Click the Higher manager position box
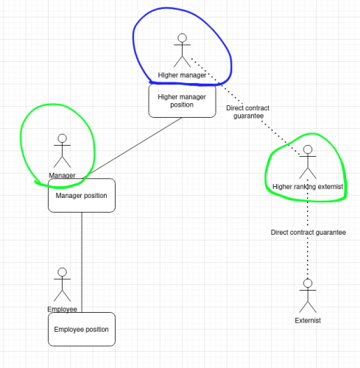tap(182, 101)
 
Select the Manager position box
tap(82, 196)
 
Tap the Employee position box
tap(82, 329)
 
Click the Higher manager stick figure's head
tap(182, 38)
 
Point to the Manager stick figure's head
tap(63, 138)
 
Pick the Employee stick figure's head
tap(63, 272)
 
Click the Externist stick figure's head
tap(308, 283)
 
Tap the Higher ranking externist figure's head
tap(308, 149)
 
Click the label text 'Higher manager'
tap(182, 75)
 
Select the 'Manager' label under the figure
tap(62, 175)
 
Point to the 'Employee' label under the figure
tap(62, 309)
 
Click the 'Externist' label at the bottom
tap(308, 320)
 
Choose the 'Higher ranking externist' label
tap(308, 187)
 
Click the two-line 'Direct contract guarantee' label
tap(248, 112)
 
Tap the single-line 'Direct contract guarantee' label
tap(308, 233)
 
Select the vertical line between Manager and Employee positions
tap(82, 262)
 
